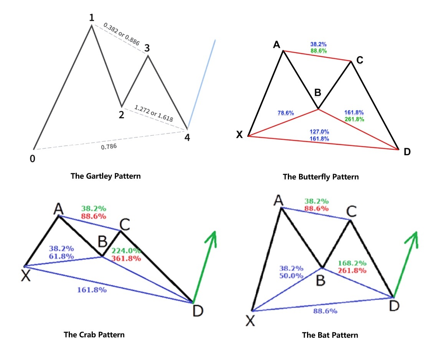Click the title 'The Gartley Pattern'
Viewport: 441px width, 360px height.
[x=106, y=176]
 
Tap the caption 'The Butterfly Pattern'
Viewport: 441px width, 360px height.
[x=320, y=177]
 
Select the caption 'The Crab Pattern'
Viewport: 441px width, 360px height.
[x=94, y=334]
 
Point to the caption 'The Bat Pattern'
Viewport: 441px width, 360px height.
[x=330, y=335]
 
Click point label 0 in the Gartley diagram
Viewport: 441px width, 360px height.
[x=33, y=158]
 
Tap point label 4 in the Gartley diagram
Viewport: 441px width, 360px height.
[x=187, y=138]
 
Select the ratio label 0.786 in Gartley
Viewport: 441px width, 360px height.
[x=109, y=146]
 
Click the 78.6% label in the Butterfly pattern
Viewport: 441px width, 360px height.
[x=286, y=113]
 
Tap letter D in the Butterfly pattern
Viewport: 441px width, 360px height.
[x=407, y=152]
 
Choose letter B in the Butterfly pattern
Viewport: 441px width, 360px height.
[x=318, y=93]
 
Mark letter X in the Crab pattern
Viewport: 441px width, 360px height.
[x=25, y=276]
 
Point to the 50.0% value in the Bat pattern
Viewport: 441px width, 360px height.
[x=291, y=276]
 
